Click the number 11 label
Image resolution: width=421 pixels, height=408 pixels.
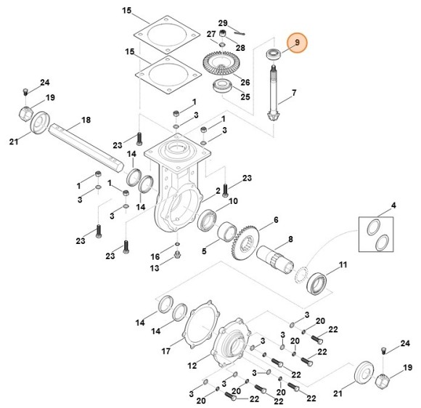tap(343, 265)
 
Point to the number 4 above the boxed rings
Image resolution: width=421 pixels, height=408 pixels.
tap(394, 207)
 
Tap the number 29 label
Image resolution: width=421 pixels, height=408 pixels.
tap(223, 24)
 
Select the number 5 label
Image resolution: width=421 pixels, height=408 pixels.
tap(204, 251)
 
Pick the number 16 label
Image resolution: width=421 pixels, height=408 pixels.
tap(155, 257)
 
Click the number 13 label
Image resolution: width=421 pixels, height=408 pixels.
tap(155, 269)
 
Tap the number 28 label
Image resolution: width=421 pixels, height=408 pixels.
tap(240, 47)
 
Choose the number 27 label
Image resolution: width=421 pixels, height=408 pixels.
tap(210, 34)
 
